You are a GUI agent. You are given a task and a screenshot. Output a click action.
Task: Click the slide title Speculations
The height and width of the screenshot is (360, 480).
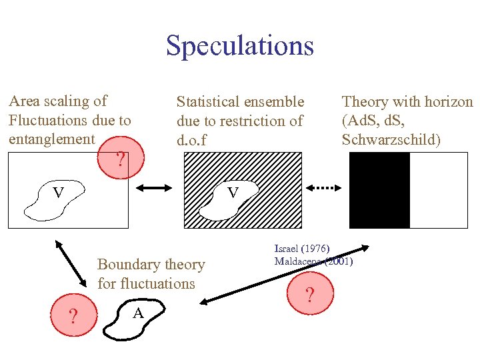tap(239, 45)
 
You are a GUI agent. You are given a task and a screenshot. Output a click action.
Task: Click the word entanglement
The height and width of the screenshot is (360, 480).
tap(51, 139)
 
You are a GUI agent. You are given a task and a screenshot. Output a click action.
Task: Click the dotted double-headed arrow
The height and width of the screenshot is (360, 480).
tap(327, 189)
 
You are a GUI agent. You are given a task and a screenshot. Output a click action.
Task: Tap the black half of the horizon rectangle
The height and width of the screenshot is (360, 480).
tap(379, 191)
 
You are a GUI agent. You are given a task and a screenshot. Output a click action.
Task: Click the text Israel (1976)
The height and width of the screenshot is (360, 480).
tap(302, 248)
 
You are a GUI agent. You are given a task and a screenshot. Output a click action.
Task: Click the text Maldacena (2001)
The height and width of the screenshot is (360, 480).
tap(313, 261)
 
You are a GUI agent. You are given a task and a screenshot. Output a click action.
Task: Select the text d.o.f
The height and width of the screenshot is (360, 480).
tap(192, 141)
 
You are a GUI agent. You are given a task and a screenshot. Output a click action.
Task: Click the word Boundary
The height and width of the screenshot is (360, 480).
tap(128, 265)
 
